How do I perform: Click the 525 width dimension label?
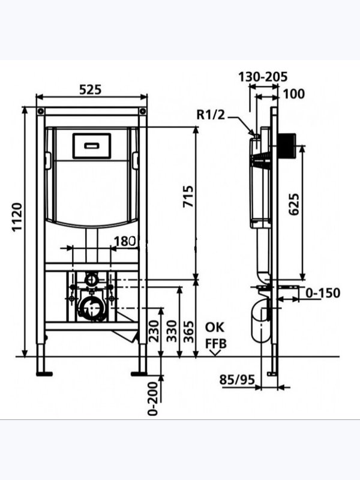pyautogui.click(x=91, y=89)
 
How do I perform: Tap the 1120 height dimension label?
pyautogui.click(x=17, y=217)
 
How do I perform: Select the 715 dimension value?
pyautogui.click(x=188, y=197)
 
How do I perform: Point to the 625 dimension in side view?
pyautogui.click(x=294, y=204)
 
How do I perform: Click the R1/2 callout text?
pyautogui.click(x=211, y=115)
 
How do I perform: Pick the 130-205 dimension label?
pyautogui.click(x=263, y=77)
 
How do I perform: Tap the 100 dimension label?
pyautogui.click(x=293, y=94)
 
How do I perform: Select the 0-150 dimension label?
pyautogui.click(x=323, y=293)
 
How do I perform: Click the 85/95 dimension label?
pyautogui.click(x=237, y=380)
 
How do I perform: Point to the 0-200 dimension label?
pyautogui.click(x=153, y=398)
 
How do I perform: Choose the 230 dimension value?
pyautogui.click(x=154, y=331)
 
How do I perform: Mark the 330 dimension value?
pyautogui.click(x=172, y=331)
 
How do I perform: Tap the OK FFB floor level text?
pyautogui.click(x=215, y=335)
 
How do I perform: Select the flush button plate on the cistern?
pyautogui.click(x=92, y=146)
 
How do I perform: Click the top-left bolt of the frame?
pyautogui.click(x=41, y=111)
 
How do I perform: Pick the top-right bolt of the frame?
pyautogui.click(x=142, y=111)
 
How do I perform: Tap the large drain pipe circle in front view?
pyautogui.click(x=91, y=308)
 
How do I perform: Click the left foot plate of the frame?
pyautogui.click(x=44, y=374)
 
